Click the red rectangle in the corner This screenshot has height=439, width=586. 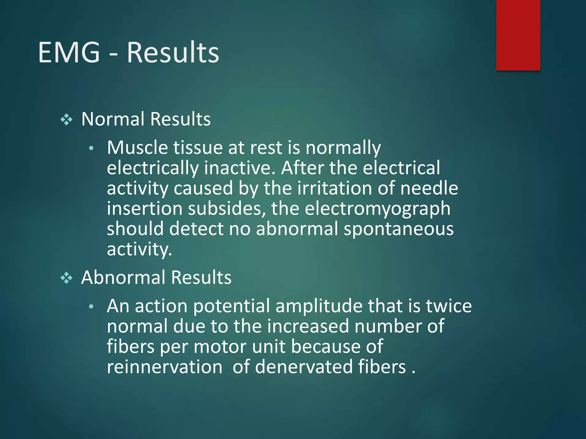[518, 35]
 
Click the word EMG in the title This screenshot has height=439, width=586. [69, 52]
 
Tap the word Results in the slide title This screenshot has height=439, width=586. [173, 52]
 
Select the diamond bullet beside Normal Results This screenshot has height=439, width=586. [66, 119]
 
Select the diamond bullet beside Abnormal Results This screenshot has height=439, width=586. [66, 278]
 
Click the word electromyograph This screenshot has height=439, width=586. [377, 209]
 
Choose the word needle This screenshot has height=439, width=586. [429, 188]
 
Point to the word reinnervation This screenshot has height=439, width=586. [165, 367]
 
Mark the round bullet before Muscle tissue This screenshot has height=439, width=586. [91, 148]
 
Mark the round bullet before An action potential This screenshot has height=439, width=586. [91, 307]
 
